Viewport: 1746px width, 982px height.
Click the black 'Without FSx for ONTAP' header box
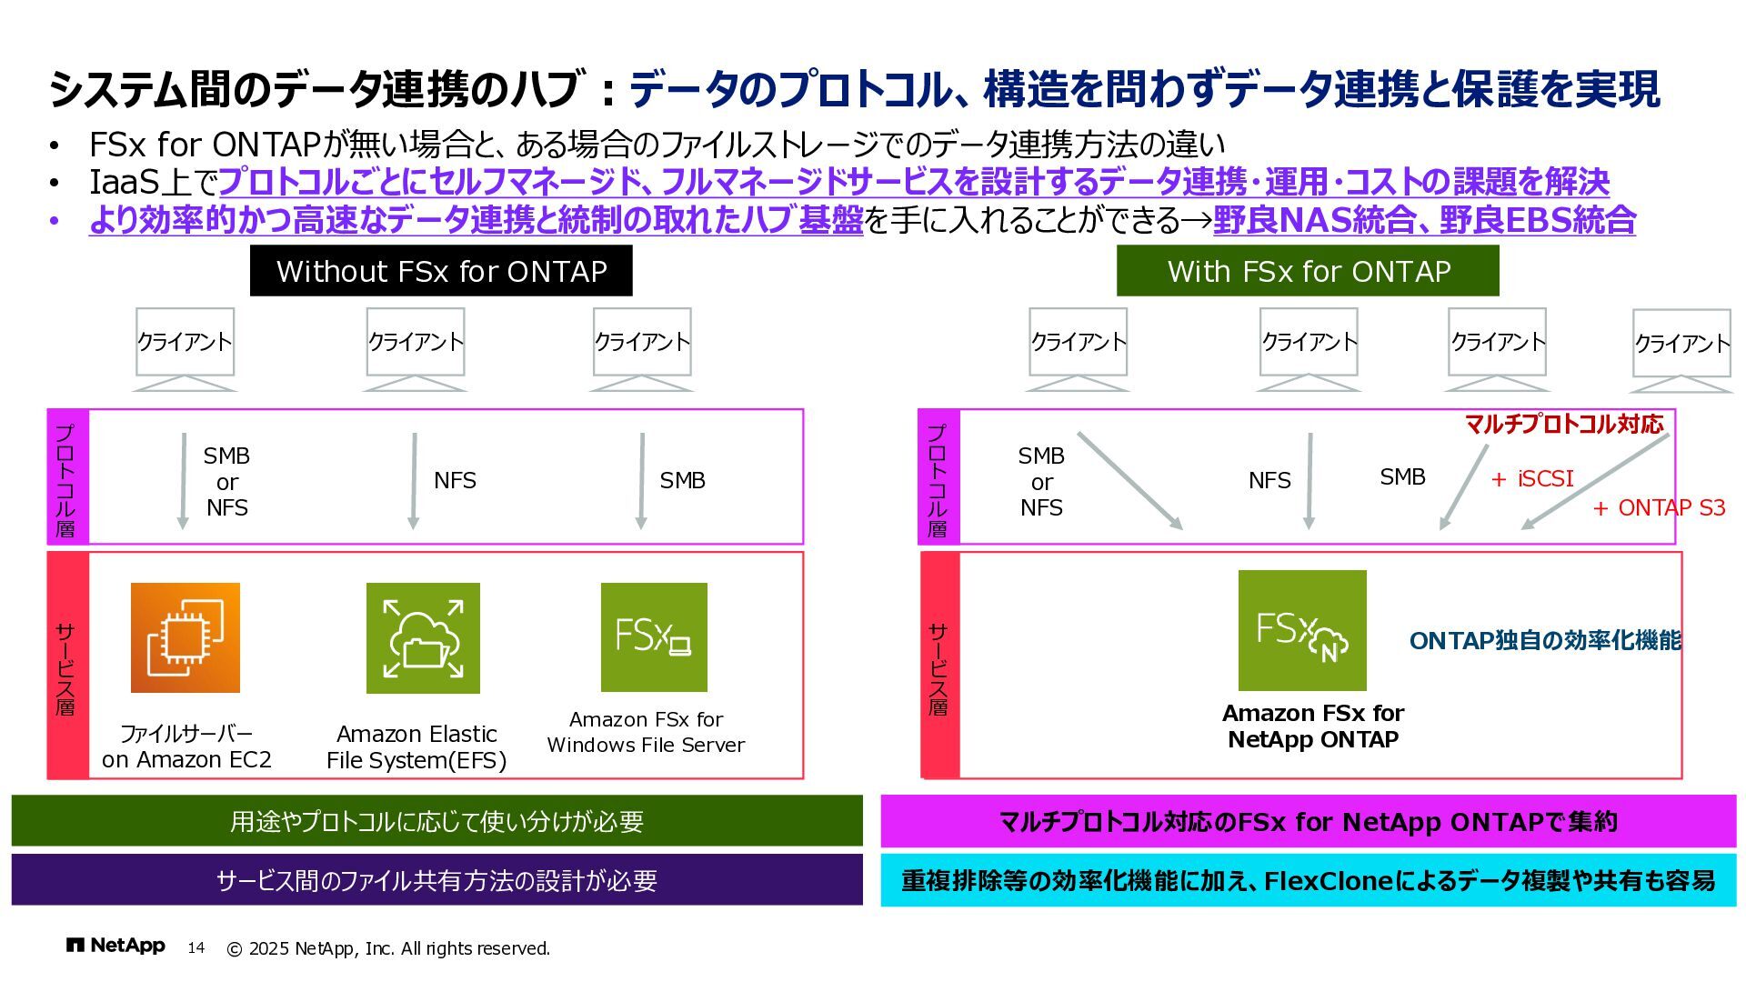441,271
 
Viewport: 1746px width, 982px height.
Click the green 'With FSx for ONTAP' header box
1308,271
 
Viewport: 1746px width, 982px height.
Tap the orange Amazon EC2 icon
186,637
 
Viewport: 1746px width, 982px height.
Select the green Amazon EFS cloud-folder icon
423,637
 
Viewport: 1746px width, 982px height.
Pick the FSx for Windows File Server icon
654,636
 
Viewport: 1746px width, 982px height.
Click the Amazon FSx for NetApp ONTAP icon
1302,630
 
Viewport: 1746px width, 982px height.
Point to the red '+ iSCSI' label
1532,478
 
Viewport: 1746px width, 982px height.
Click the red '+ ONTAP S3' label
1660,507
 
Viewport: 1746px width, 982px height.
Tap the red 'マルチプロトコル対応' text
1564,424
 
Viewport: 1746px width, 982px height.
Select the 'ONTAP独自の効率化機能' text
1545,640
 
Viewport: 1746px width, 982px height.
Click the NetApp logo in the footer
115,946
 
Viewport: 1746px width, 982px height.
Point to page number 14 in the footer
196,947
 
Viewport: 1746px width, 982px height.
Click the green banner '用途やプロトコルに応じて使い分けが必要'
436,821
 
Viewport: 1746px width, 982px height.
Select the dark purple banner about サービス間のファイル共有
436,879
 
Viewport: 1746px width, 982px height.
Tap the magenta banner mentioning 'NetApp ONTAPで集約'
1308,821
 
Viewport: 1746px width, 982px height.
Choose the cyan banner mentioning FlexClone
1308,879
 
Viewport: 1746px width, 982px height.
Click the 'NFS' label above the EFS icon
455,480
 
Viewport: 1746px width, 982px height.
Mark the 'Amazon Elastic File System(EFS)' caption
416,747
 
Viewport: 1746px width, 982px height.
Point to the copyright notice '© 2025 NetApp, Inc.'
388,948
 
